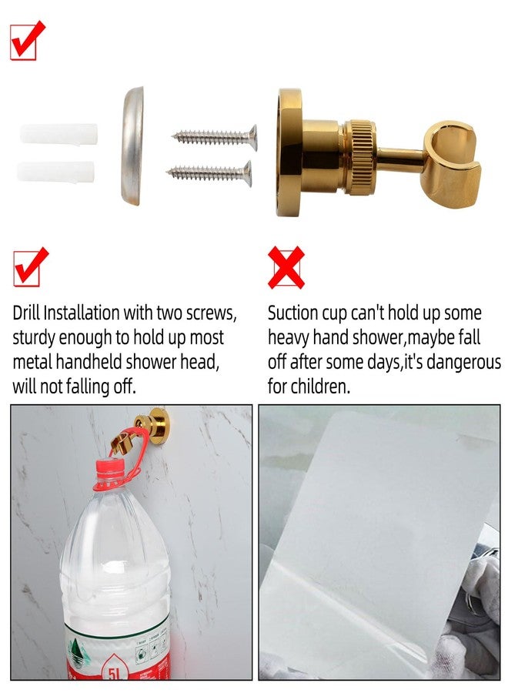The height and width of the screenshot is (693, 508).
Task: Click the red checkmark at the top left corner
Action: [27, 40]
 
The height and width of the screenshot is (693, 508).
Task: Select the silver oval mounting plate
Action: [132, 146]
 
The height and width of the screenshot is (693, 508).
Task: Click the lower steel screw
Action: [209, 171]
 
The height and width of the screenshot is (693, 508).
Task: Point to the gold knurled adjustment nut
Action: [359, 157]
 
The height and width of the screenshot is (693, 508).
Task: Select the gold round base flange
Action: [290, 152]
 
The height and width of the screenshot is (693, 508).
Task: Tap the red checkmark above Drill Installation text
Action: [30, 267]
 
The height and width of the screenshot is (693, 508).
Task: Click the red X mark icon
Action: [286, 267]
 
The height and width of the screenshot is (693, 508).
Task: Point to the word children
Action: [323, 387]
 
